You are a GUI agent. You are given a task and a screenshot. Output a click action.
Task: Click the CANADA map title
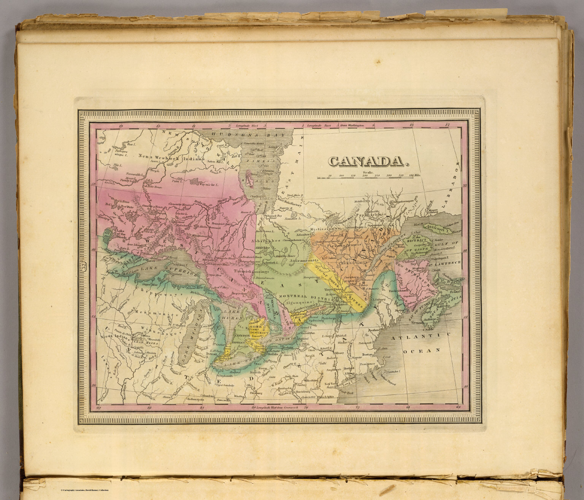coord(368,161)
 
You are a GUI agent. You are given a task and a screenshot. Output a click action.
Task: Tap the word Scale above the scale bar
coord(368,172)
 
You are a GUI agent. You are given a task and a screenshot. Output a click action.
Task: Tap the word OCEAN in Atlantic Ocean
coord(416,350)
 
